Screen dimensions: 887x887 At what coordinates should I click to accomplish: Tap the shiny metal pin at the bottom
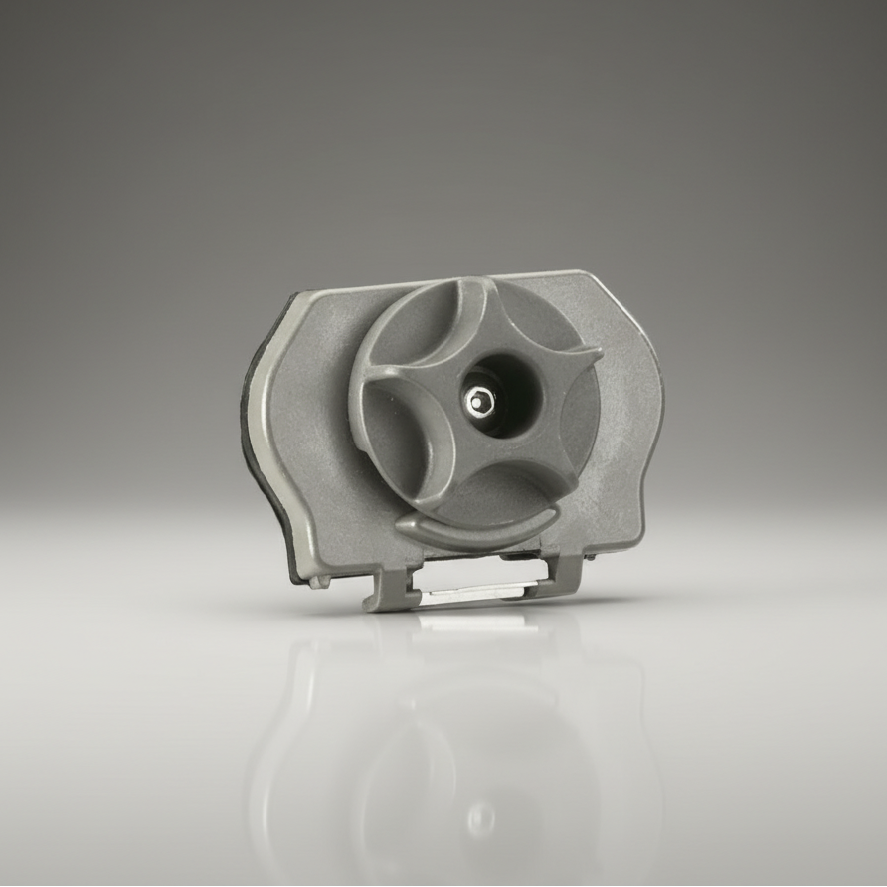coord(467,594)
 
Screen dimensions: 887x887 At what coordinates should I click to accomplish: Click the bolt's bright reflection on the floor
coord(481,817)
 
